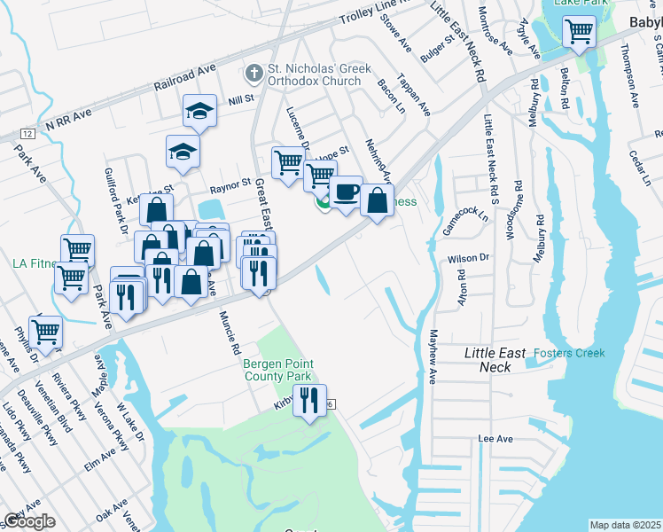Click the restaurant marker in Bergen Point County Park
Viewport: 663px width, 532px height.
[x=309, y=401]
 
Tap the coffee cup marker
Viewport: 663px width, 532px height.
[x=346, y=192]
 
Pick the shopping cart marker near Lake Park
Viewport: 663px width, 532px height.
[x=579, y=32]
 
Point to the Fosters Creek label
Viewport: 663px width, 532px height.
[x=570, y=353]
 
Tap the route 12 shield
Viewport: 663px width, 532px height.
[x=28, y=133]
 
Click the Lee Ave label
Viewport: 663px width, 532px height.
[x=496, y=438]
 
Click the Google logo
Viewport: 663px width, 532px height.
[x=29, y=521]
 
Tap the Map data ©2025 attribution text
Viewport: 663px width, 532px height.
[x=625, y=525]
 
